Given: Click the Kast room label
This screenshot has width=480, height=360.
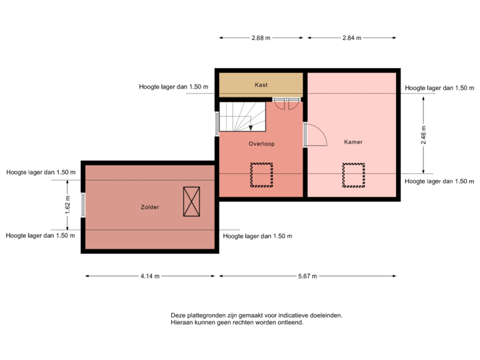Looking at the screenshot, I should point(261,85).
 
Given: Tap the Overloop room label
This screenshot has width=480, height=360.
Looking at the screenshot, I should point(261,143).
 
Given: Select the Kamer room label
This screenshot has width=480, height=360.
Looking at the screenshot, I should point(353,142).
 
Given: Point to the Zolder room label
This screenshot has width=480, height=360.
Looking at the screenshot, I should point(150,207).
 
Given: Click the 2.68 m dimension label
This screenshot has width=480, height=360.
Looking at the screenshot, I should point(261,38).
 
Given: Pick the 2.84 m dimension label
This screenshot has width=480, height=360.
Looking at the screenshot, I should point(351,38).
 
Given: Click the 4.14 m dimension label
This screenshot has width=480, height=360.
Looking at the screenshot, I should point(149,275).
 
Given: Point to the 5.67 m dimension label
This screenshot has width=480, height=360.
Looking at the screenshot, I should point(307,275).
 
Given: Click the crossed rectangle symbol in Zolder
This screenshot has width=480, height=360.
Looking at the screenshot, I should point(191,201).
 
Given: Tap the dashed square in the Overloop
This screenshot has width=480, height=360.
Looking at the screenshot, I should point(261,175).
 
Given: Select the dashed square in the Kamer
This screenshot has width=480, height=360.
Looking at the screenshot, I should point(353,175).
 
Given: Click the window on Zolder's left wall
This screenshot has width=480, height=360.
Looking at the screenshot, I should point(82,205).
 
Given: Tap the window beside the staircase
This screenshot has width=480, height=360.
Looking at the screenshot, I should point(217,123).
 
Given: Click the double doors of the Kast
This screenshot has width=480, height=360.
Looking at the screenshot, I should point(285,103).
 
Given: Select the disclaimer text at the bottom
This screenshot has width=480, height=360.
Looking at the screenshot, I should point(257,319).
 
